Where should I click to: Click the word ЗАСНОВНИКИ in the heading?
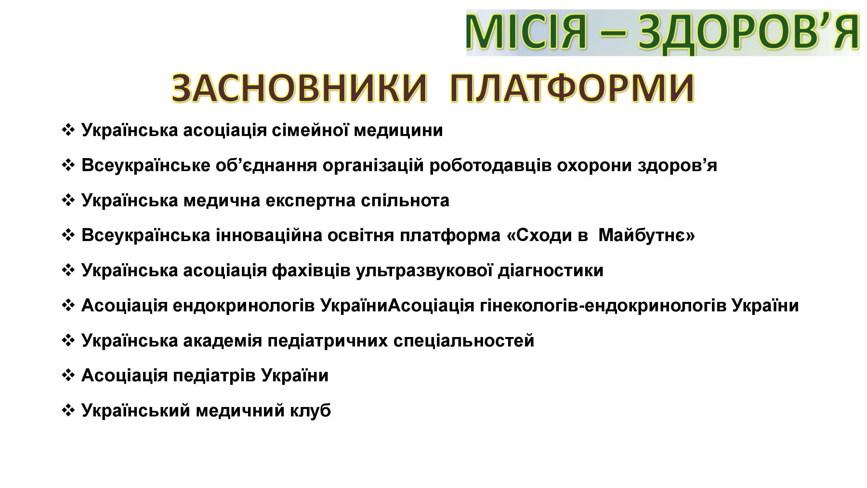299,88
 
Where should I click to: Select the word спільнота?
405,201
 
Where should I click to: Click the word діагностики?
550,271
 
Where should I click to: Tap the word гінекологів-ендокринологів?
603,306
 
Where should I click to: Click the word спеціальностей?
464,341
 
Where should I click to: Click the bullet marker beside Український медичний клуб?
68,411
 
